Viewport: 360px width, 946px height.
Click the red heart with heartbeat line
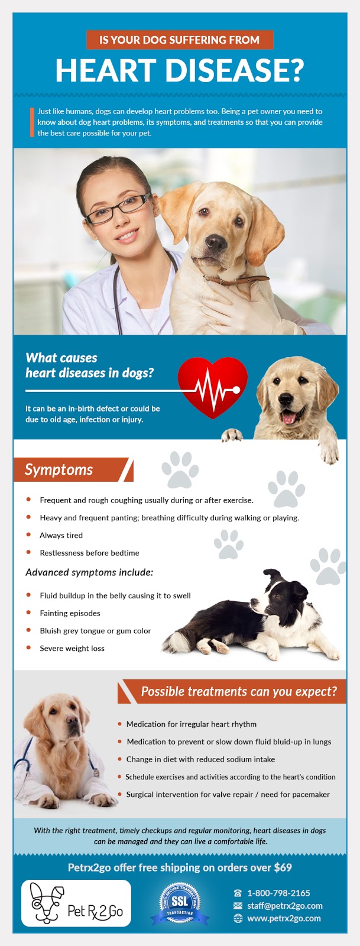pos(212,386)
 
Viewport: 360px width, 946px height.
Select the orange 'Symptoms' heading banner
pos(71,470)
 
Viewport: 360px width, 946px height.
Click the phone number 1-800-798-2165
pos(278,893)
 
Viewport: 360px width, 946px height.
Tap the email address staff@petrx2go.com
pos(285,906)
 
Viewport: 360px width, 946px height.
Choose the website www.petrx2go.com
pos(284,918)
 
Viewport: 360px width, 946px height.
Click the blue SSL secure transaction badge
pos(180,903)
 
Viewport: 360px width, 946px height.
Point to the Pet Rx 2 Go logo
pos(76,903)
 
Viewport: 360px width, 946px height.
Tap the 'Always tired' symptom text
pos(61,535)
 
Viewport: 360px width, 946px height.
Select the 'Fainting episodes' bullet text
pos(70,613)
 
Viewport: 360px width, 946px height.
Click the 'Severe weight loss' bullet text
pos(72,649)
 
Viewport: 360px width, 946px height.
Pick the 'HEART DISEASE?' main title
pos(179,70)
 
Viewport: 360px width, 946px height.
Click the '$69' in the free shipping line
pos(283,868)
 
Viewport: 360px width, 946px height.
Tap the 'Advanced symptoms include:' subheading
pos(89,572)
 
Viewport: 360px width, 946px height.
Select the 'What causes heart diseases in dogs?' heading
pos(89,365)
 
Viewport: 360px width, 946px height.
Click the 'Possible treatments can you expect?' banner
pos(239,692)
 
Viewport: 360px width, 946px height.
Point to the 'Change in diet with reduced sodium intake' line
pos(200,759)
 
